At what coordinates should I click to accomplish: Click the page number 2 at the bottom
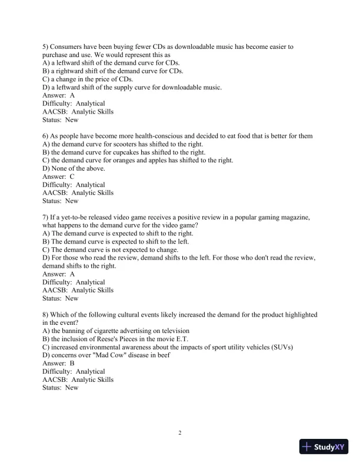point(180,434)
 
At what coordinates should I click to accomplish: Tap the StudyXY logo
point(323,447)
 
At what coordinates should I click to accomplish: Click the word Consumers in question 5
point(71,46)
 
